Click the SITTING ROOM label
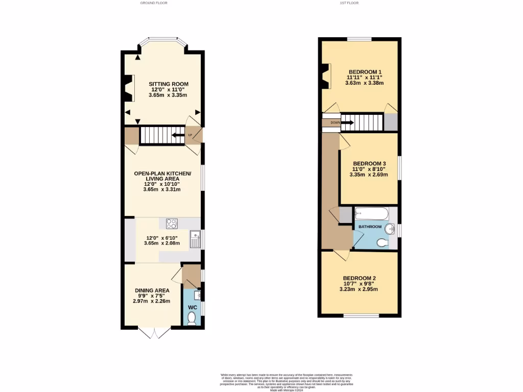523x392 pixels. (x=169, y=84)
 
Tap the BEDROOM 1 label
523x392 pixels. (x=365, y=71)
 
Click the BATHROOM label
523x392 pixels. (x=370, y=227)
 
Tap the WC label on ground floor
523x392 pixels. (x=192, y=307)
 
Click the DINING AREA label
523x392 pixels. (x=151, y=290)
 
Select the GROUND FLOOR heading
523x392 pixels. (x=154, y=3)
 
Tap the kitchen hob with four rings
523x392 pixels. (x=171, y=224)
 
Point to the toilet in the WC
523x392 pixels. (x=192, y=318)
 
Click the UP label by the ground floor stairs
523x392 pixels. (x=191, y=135)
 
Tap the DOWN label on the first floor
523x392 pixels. (x=335, y=122)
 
